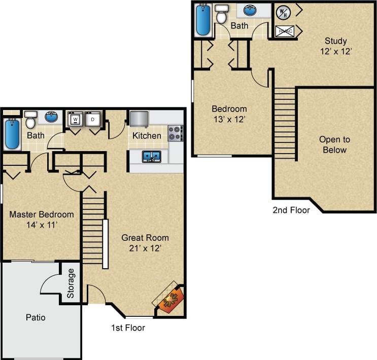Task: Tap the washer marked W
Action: (x=75, y=120)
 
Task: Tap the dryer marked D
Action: (x=92, y=120)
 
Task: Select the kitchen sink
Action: (x=151, y=156)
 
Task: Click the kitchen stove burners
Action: (x=175, y=133)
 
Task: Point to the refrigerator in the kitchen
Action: (x=139, y=119)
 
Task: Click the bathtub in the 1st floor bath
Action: (x=12, y=134)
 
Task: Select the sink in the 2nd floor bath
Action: (x=250, y=10)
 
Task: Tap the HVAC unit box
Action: (x=284, y=31)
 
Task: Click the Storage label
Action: (x=71, y=283)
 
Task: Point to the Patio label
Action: (x=36, y=318)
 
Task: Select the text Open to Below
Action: (x=334, y=145)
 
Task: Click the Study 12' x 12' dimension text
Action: (x=336, y=51)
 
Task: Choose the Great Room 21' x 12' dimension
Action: (x=145, y=248)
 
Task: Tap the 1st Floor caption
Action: (x=128, y=328)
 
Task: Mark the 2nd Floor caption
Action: (x=291, y=210)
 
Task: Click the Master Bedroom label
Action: (x=42, y=214)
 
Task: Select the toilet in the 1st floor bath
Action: (x=30, y=121)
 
